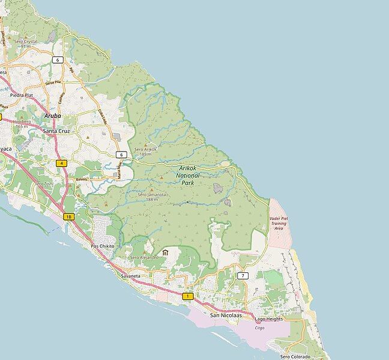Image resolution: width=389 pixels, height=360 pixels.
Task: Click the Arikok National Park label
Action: (x=190, y=174)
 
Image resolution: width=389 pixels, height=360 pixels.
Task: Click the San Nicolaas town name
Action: (x=226, y=314)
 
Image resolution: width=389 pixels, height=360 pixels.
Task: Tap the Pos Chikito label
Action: (x=102, y=246)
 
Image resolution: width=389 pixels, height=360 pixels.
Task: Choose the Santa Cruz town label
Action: (x=58, y=130)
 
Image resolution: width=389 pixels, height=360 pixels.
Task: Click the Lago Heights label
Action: (x=268, y=319)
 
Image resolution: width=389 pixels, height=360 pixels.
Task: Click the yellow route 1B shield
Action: (x=69, y=216)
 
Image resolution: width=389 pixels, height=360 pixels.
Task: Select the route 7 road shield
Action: (x=243, y=275)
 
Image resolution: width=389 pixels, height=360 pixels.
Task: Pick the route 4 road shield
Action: (x=62, y=163)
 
